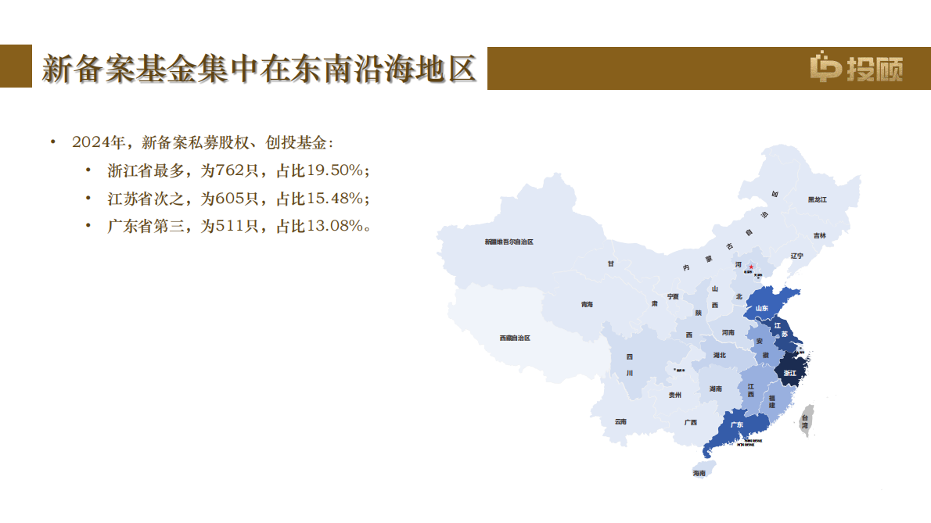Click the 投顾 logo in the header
[856, 68]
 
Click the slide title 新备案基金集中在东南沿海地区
[259, 69]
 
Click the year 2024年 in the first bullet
[98, 142]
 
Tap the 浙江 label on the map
[790, 373]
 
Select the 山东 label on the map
[762, 309]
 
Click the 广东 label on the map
[736, 425]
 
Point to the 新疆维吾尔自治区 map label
[509, 242]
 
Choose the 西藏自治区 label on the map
[515, 339]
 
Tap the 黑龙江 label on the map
[818, 200]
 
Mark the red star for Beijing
[751, 267]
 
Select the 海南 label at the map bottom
[699, 473]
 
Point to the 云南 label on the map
[620, 421]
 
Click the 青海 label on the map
[587, 304]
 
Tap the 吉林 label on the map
[819, 235]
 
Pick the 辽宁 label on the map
[796, 256]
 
